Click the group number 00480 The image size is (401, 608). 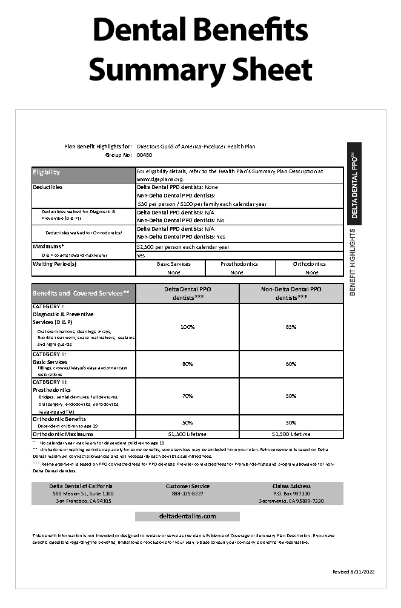pyautogui.click(x=144, y=155)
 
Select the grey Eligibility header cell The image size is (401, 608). pyautogui.click(x=84, y=173)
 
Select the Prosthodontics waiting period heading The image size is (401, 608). pyautogui.click(x=239, y=264)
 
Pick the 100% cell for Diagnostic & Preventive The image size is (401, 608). pyautogui.click(x=187, y=327)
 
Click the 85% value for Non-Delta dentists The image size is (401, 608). pyautogui.click(x=291, y=327)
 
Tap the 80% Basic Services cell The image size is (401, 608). pyautogui.click(x=187, y=363)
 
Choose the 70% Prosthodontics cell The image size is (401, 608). pyautogui.click(x=187, y=396)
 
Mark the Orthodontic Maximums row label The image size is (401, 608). pyautogui.click(x=62, y=434)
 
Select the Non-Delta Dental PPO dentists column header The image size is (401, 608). pyautogui.click(x=291, y=293)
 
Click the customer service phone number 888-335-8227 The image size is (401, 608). pyautogui.click(x=187, y=494)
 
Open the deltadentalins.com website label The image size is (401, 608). pyautogui.click(x=187, y=517)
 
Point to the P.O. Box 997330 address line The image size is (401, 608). pyautogui.click(x=291, y=494)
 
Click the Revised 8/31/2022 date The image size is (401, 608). pyautogui.click(x=354, y=572)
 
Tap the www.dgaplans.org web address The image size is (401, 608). pyautogui.click(x=159, y=179)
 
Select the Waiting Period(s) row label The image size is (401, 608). pyautogui.click(x=55, y=264)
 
